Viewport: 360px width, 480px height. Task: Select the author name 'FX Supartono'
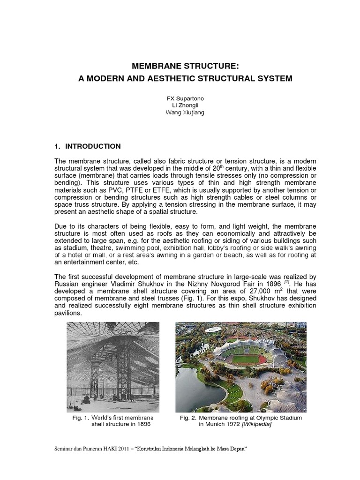[x=180, y=99]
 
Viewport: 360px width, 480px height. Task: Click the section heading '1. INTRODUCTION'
[x=88, y=146]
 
